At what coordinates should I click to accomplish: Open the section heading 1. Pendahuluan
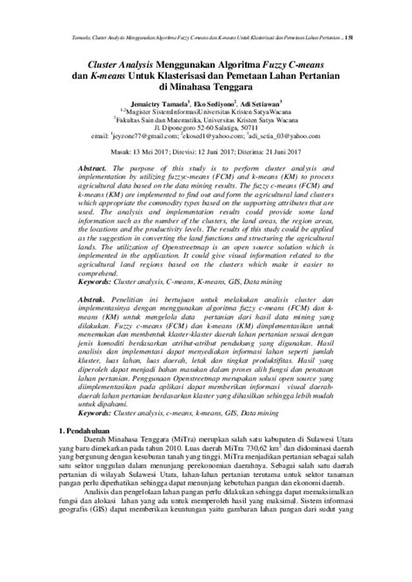[86, 455]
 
